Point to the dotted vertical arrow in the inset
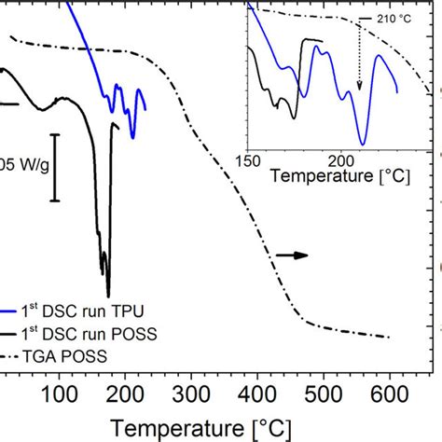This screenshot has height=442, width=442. point(360,56)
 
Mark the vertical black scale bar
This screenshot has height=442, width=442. point(55,167)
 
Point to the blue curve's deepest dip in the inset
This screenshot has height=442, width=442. point(363,145)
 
